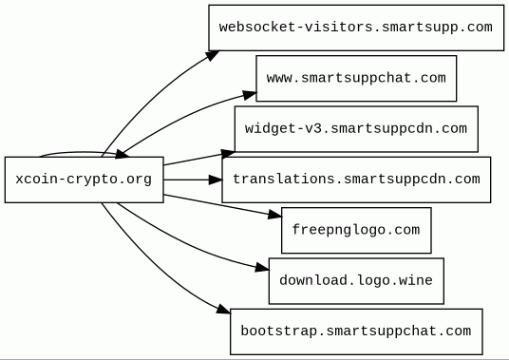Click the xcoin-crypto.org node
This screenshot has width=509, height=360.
point(85,180)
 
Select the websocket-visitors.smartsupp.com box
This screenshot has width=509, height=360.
point(356,28)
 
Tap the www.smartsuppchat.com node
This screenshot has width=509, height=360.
point(356,78)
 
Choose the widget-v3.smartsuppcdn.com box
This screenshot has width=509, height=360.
point(356,129)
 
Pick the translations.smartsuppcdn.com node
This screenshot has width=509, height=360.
point(356,180)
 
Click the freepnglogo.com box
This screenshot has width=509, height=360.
point(356,231)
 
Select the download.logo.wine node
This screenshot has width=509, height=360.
point(356,281)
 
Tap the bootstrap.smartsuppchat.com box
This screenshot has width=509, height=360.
point(356,332)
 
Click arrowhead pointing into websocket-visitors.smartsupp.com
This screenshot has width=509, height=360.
point(213,55)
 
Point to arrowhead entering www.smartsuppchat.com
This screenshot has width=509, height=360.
point(250,95)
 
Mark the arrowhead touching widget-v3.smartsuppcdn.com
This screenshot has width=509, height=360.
point(228,153)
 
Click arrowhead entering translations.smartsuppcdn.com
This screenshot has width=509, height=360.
point(216,180)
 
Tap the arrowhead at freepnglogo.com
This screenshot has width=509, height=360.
point(275,215)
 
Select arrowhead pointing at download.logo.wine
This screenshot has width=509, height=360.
point(262,268)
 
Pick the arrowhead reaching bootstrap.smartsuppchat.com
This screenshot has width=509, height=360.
point(224,309)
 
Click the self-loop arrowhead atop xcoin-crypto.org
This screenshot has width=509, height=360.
point(123,154)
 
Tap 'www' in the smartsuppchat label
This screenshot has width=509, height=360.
point(279,78)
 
